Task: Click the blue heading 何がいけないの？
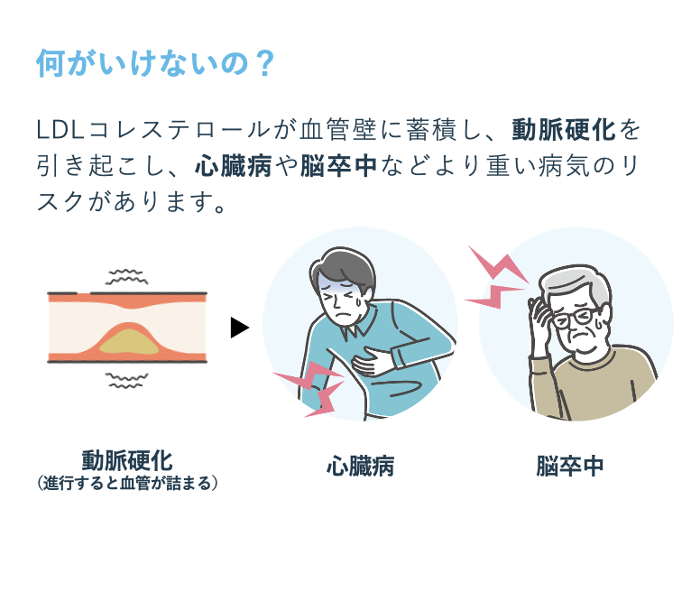click(x=155, y=63)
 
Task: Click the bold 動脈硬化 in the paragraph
click(x=563, y=130)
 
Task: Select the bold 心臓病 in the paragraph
click(x=233, y=166)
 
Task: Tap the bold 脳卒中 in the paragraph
click(x=338, y=166)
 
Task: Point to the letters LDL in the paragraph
click(x=60, y=130)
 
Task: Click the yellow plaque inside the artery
click(x=129, y=343)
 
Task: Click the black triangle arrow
click(x=240, y=328)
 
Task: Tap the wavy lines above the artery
click(x=126, y=276)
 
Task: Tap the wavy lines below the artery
click(x=126, y=380)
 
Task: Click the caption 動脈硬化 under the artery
click(x=127, y=460)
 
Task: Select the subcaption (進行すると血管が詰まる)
click(x=127, y=483)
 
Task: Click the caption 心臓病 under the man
click(x=361, y=466)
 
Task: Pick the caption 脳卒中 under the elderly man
click(x=570, y=466)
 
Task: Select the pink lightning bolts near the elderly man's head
click(x=496, y=278)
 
